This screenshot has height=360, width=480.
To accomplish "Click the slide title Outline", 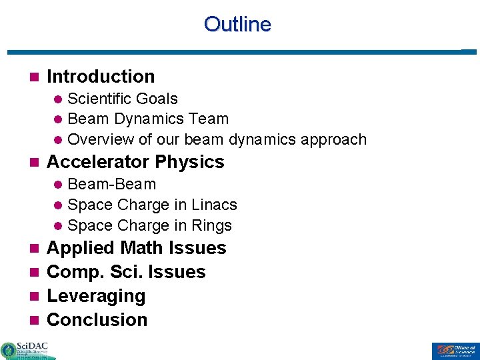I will coord(237,25).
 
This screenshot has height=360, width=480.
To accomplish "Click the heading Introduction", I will coord(101,77).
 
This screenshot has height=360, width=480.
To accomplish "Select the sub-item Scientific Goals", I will coord(123,99).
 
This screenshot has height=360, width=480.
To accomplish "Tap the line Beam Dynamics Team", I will coord(148,119).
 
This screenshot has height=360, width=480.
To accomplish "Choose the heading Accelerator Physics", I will coord(135,162).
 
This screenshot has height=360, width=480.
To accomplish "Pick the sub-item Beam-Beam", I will coord(112,184).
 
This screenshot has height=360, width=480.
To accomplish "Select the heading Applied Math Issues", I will coord(137,248).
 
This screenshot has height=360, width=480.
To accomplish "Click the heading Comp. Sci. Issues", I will coord(126,272).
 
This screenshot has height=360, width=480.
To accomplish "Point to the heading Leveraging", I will coord(96,296).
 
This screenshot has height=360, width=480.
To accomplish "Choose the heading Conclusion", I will coord(97,320).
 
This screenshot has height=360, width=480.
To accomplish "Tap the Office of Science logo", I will coord(454,351).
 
